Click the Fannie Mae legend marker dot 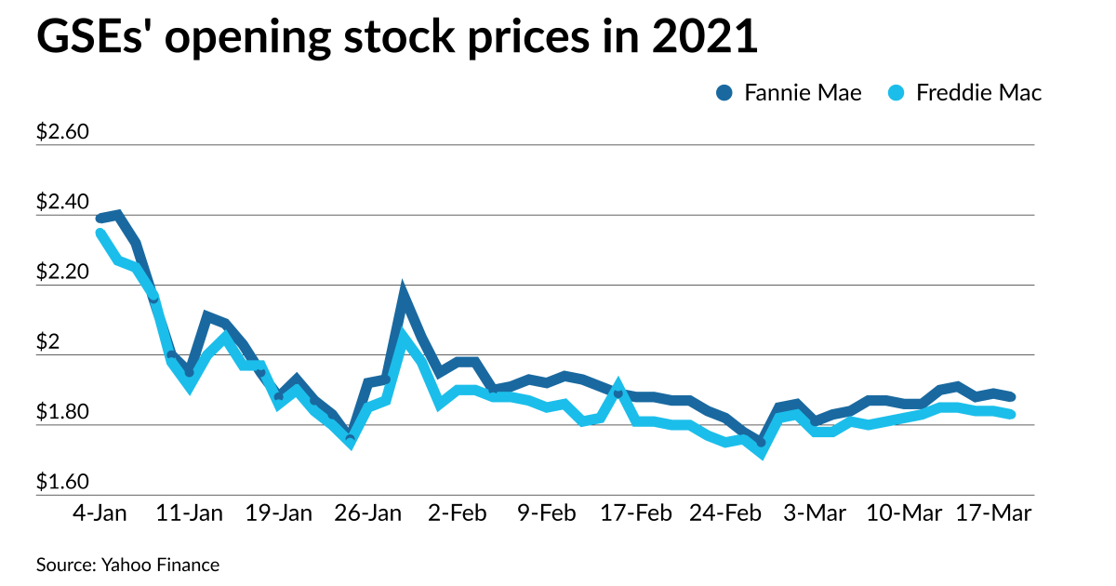(725, 92)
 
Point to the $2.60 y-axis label (62, 132)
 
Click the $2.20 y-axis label (62, 273)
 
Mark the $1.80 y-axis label (62, 413)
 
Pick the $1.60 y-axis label (62, 483)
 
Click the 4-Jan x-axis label (100, 513)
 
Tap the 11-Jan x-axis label (189, 513)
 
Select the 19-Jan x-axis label (278, 513)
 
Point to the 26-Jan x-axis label (367, 513)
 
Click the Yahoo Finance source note (128, 565)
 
